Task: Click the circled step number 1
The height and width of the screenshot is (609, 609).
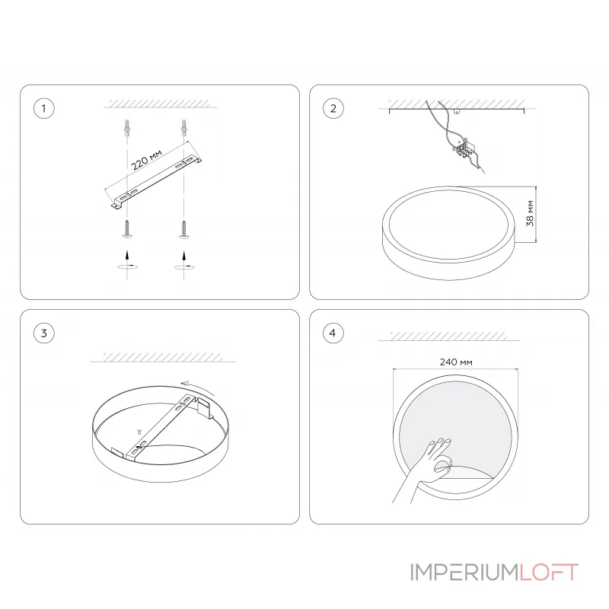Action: pyautogui.click(x=44, y=109)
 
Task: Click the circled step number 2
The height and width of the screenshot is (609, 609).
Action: pyautogui.click(x=332, y=109)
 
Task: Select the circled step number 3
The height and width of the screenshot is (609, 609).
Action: pyautogui.click(x=44, y=333)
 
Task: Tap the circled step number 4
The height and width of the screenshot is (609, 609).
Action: pyautogui.click(x=332, y=333)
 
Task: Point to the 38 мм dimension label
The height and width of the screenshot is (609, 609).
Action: pyautogui.click(x=530, y=214)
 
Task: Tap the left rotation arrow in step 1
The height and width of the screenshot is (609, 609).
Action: pyautogui.click(x=127, y=267)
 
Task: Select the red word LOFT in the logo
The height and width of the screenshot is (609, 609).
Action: pyautogui.click(x=549, y=572)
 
